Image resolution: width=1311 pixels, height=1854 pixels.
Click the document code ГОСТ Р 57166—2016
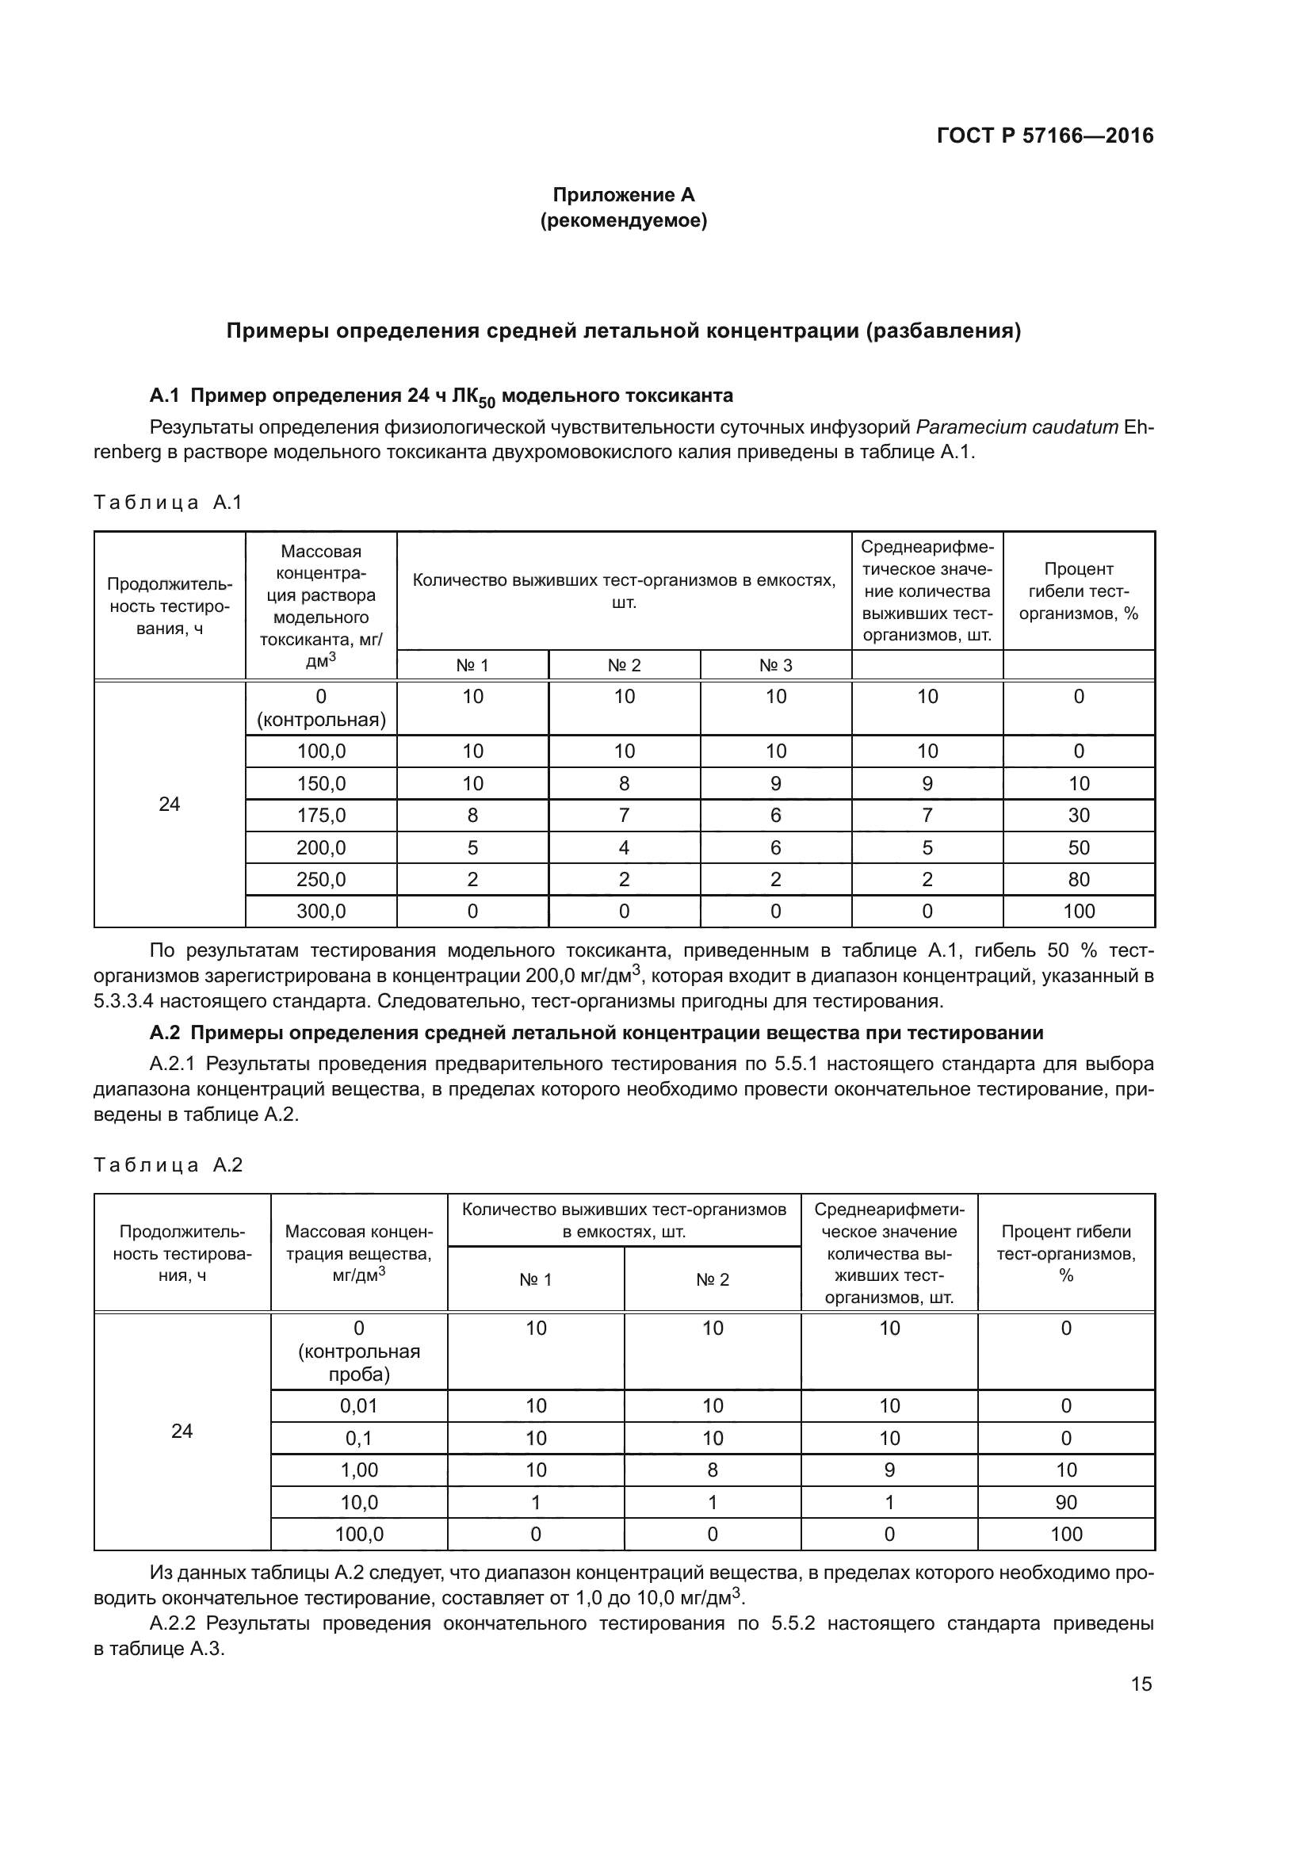pos(1045,136)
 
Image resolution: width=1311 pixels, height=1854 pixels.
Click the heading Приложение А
pos(623,195)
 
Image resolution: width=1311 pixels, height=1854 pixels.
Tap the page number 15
pos(1141,1684)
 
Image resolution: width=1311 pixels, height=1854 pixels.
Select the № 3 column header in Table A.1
pos(775,665)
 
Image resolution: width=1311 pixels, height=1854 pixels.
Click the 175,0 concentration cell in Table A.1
pos(320,816)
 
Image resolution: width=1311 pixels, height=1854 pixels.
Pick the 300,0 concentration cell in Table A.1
pos(320,912)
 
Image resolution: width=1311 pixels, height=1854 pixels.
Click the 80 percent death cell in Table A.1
pos(1079,879)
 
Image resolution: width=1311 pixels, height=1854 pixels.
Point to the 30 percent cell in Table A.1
pos(1079,816)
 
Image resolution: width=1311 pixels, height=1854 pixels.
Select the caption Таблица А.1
pos(168,503)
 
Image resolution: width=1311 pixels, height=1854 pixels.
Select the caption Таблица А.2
pos(168,1164)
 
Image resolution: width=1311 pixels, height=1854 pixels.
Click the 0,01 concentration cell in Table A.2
pos(358,1406)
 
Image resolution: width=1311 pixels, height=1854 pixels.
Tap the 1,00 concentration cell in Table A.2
pos(358,1470)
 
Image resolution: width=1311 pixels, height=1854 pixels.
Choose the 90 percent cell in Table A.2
pos(1065,1502)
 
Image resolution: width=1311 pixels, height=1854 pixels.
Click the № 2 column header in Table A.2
pos(712,1279)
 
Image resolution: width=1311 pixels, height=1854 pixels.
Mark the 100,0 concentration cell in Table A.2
pos(358,1535)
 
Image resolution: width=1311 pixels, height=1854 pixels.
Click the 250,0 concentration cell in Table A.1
pos(320,879)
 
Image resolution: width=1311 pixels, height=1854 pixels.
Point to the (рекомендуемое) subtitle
pos(623,220)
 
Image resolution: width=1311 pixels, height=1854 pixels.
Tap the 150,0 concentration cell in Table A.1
pos(320,783)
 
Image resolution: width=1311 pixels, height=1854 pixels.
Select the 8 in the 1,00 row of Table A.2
pos(712,1470)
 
